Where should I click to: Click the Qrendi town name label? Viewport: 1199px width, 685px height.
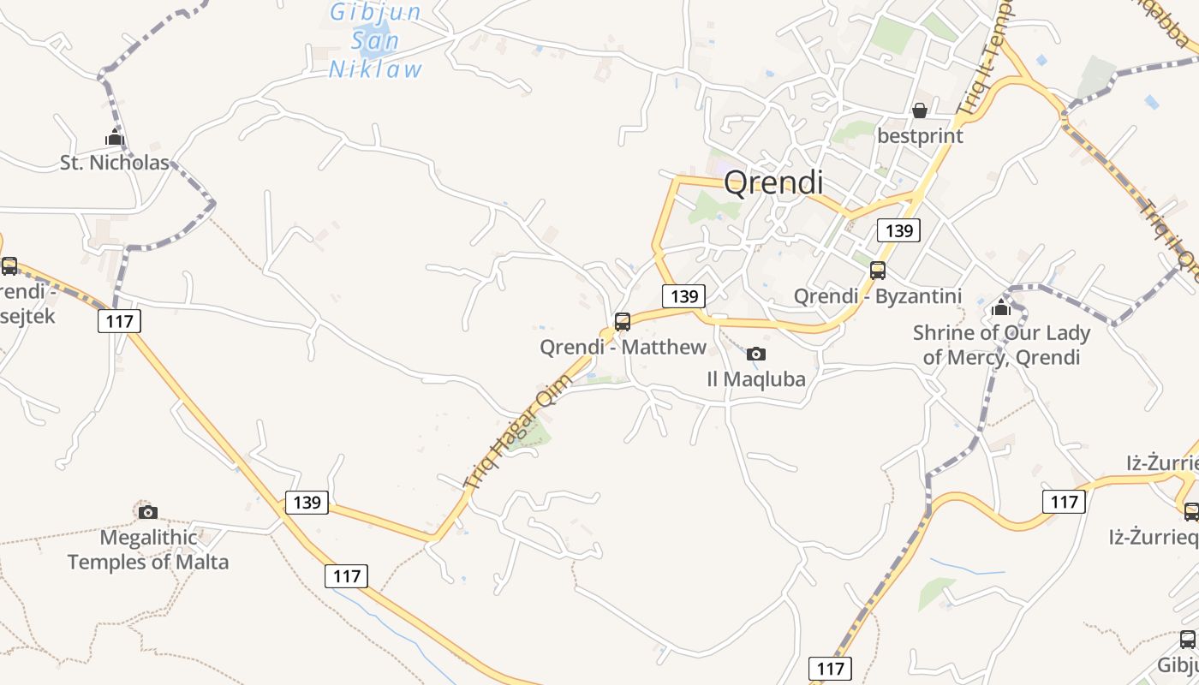[x=773, y=182]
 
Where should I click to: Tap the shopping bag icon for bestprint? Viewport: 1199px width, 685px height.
[x=919, y=110]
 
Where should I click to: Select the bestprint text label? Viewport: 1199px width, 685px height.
[x=920, y=136]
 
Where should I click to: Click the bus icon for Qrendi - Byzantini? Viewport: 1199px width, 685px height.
[x=878, y=271]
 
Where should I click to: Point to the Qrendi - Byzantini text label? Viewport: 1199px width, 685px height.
[x=878, y=296]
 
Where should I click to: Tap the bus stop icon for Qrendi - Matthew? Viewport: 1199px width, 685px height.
[x=623, y=322]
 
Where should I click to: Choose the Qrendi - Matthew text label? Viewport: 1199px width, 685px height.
[x=623, y=347]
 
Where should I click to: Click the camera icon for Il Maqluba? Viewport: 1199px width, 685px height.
[x=755, y=354]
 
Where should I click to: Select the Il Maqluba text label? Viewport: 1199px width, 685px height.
[x=756, y=378]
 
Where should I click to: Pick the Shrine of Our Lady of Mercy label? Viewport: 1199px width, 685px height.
[x=1001, y=345]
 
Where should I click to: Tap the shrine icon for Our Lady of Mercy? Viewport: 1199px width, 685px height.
[x=1001, y=308]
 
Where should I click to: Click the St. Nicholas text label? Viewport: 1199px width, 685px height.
[x=115, y=163]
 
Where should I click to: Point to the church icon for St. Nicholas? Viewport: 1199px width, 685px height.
[x=115, y=137]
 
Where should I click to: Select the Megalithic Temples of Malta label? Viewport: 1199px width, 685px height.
[x=148, y=550]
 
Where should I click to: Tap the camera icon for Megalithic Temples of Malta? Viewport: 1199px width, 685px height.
[x=148, y=512]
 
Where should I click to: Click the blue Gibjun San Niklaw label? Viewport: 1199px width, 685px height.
[x=376, y=41]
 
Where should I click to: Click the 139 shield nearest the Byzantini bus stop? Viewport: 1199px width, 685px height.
[x=898, y=229]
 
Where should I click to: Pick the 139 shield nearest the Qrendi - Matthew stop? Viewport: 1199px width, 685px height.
[x=683, y=296]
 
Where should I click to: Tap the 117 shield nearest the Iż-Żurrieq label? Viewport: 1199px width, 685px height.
[x=1064, y=501]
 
